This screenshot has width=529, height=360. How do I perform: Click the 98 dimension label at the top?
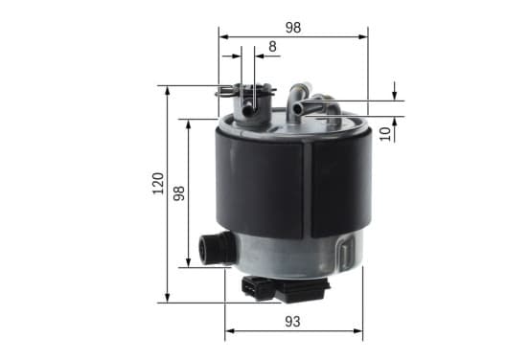(x=293, y=28)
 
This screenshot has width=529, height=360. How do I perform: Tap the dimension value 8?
(x=272, y=47)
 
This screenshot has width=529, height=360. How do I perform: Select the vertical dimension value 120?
(x=158, y=184)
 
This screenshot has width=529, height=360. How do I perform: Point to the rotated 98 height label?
(x=179, y=193)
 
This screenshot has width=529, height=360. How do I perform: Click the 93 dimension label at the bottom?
(x=292, y=322)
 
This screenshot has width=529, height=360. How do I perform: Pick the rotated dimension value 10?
(x=385, y=134)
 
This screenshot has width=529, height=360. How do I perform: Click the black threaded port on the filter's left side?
(x=216, y=248)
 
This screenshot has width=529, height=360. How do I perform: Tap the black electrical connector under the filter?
(x=285, y=289)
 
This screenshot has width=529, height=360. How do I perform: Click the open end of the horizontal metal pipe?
(x=297, y=108)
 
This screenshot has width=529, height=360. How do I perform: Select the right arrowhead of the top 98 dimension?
(x=363, y=36)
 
